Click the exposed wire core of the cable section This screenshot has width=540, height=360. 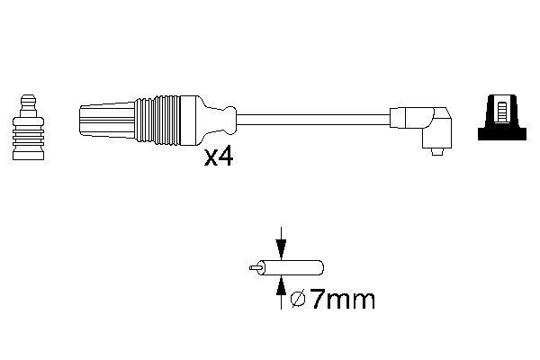point(253,267)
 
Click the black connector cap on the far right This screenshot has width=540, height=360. point(501,118)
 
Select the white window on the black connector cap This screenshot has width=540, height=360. point(502,112)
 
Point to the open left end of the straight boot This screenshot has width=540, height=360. point(83,117)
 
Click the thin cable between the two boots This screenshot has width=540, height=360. point(315,117)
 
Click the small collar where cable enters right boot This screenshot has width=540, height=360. point(394,117)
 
